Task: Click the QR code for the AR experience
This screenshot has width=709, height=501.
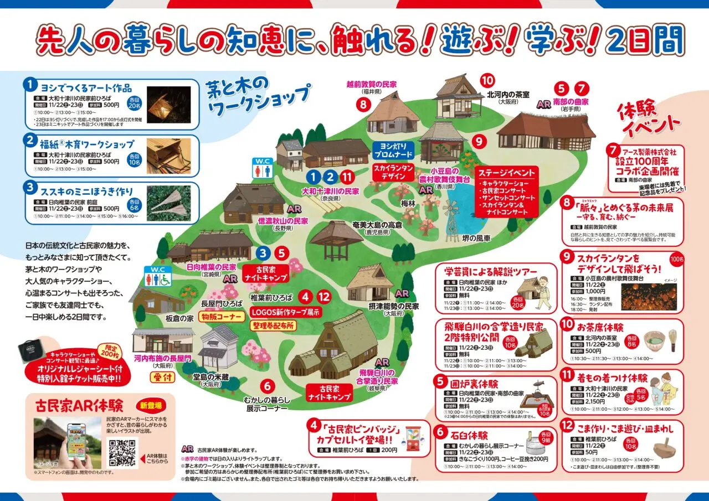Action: [122, 453]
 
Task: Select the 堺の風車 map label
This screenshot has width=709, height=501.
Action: [477, 238]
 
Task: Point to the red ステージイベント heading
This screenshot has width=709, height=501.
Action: [507, 172]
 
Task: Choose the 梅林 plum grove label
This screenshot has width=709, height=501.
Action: [408, 204]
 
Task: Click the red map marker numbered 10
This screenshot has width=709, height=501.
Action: [487, 80]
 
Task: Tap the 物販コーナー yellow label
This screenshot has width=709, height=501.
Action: [222, 317]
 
